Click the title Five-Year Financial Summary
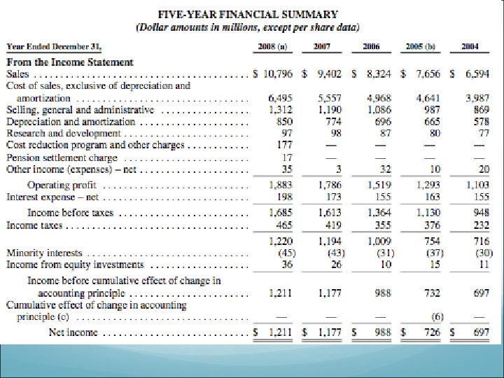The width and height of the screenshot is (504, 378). [x=248, y=13]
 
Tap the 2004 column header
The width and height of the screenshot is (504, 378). [x=470, y=46]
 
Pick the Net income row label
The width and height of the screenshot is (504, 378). [x=73, y=332]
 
